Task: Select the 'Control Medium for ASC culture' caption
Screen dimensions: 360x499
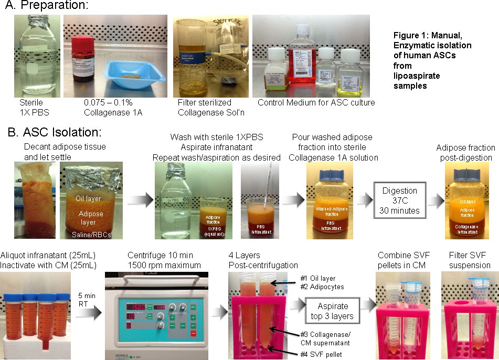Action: click(316, 103)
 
